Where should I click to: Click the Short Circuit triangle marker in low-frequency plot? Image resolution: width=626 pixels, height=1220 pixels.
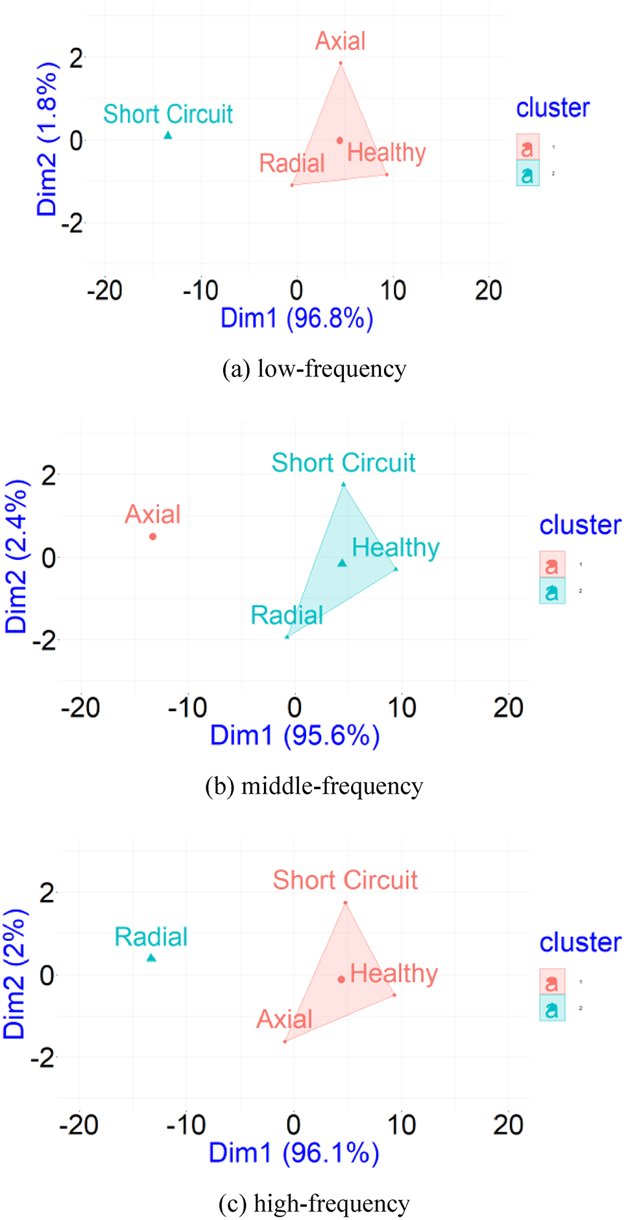(168, 135)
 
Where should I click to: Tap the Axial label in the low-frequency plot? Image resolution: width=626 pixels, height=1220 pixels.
(340, 42)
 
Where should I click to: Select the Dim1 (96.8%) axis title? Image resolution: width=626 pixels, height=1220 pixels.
(296, 318)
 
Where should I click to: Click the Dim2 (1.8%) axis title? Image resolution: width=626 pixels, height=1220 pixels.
(47, 139)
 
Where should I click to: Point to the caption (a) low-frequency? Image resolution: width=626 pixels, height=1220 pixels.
(313, 369)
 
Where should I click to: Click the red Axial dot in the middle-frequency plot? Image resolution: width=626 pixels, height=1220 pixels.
(153, 536)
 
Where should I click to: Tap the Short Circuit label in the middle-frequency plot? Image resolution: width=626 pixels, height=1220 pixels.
(343, 463)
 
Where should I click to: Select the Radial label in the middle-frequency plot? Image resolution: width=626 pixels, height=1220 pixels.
(287, 615)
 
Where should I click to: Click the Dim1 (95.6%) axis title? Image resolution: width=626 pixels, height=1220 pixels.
(295, 735)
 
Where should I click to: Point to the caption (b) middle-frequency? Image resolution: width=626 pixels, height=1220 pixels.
(313, 786)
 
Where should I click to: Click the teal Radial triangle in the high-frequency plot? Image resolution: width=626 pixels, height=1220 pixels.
(151, 958)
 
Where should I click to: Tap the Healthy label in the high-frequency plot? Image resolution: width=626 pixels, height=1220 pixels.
(394, 973)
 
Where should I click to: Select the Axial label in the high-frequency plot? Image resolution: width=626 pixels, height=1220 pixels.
(284, 1019)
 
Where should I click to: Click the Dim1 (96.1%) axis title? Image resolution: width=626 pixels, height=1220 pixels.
(293, 1153)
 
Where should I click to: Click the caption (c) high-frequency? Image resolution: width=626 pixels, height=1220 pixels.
(313, 1203)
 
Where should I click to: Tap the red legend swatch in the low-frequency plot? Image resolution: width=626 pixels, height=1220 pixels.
(527, 147)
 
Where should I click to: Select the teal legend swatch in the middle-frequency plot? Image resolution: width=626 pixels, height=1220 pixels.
(552, 591)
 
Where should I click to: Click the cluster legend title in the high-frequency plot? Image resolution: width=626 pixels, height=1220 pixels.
(580, 942)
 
